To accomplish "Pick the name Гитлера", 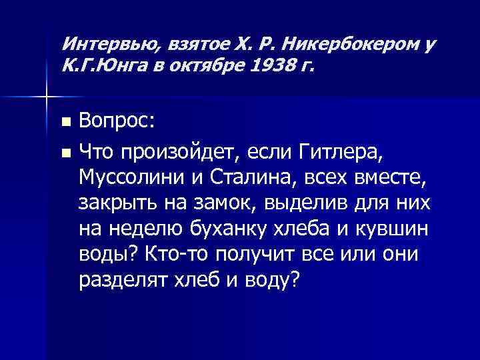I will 341,154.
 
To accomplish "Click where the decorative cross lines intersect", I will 45,97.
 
